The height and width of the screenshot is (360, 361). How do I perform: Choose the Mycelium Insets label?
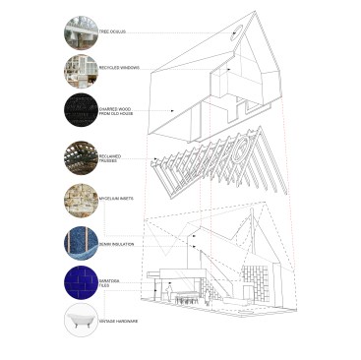(x=114, y=199)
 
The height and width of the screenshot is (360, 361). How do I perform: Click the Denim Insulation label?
(x=115, y=239)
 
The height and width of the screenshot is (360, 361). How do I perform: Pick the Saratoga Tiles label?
(x=110, y=282)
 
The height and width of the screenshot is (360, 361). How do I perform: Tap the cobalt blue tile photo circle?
(x=80, y=281)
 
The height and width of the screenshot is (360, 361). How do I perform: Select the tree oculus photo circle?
(x=80, y=32)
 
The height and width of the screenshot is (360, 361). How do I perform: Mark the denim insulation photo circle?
(x=80, y=240)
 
